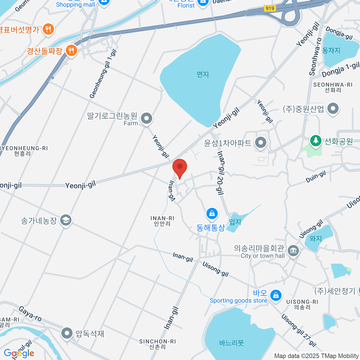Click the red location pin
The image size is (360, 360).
(180, 167)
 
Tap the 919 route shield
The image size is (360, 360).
(270, 8)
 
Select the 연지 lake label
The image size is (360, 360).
(202, 74)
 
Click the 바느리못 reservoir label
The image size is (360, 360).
(231, 343)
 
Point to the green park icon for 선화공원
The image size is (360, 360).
(315, 141)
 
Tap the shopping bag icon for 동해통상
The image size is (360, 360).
(212, 214)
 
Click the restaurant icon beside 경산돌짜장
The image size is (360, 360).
(71, 50)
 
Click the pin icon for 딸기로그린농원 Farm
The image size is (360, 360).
(146, 118)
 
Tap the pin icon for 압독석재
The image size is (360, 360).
(67, 333)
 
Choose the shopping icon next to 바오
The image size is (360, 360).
(276, 295)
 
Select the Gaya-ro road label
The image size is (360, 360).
(30, 313)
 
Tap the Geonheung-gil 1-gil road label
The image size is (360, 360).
(103, 74)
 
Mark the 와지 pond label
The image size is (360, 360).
(316, 238)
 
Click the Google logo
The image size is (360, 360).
(19, 353)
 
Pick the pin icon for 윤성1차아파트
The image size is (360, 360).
(261, 143)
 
